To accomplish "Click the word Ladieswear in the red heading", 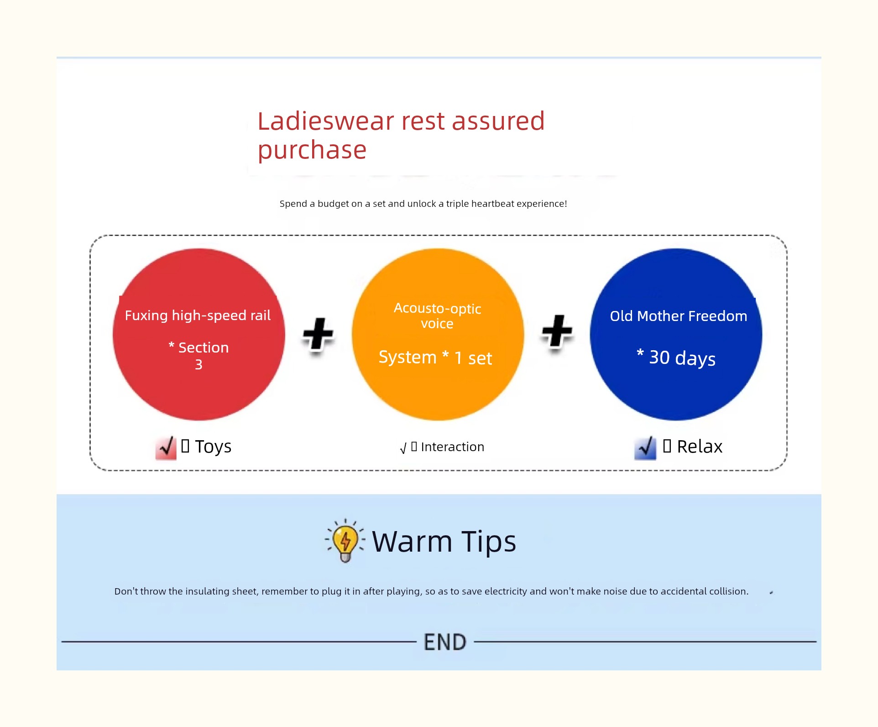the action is pos(326,121).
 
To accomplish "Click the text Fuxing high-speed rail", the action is pos(198,316).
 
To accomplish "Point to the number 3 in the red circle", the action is pos(199,364).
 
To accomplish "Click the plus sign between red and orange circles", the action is pos(318,334).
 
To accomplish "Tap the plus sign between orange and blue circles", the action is pos(557,332).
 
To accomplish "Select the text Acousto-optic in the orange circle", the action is pos(437,309).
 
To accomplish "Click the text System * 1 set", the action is pos(435,358).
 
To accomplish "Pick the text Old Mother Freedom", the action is pos(679,316).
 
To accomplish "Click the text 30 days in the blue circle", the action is pos(682,358).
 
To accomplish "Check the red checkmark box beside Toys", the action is pos(166,448).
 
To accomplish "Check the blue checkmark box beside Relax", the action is pos(645,448).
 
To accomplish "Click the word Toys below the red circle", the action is pos(213,447).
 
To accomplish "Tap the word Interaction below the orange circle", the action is pos(452,447).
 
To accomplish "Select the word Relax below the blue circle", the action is pos(700,447).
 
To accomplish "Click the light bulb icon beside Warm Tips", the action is pos(345,541).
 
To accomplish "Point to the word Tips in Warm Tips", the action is pos(489,542).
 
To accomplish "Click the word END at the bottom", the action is pos(445,642).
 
